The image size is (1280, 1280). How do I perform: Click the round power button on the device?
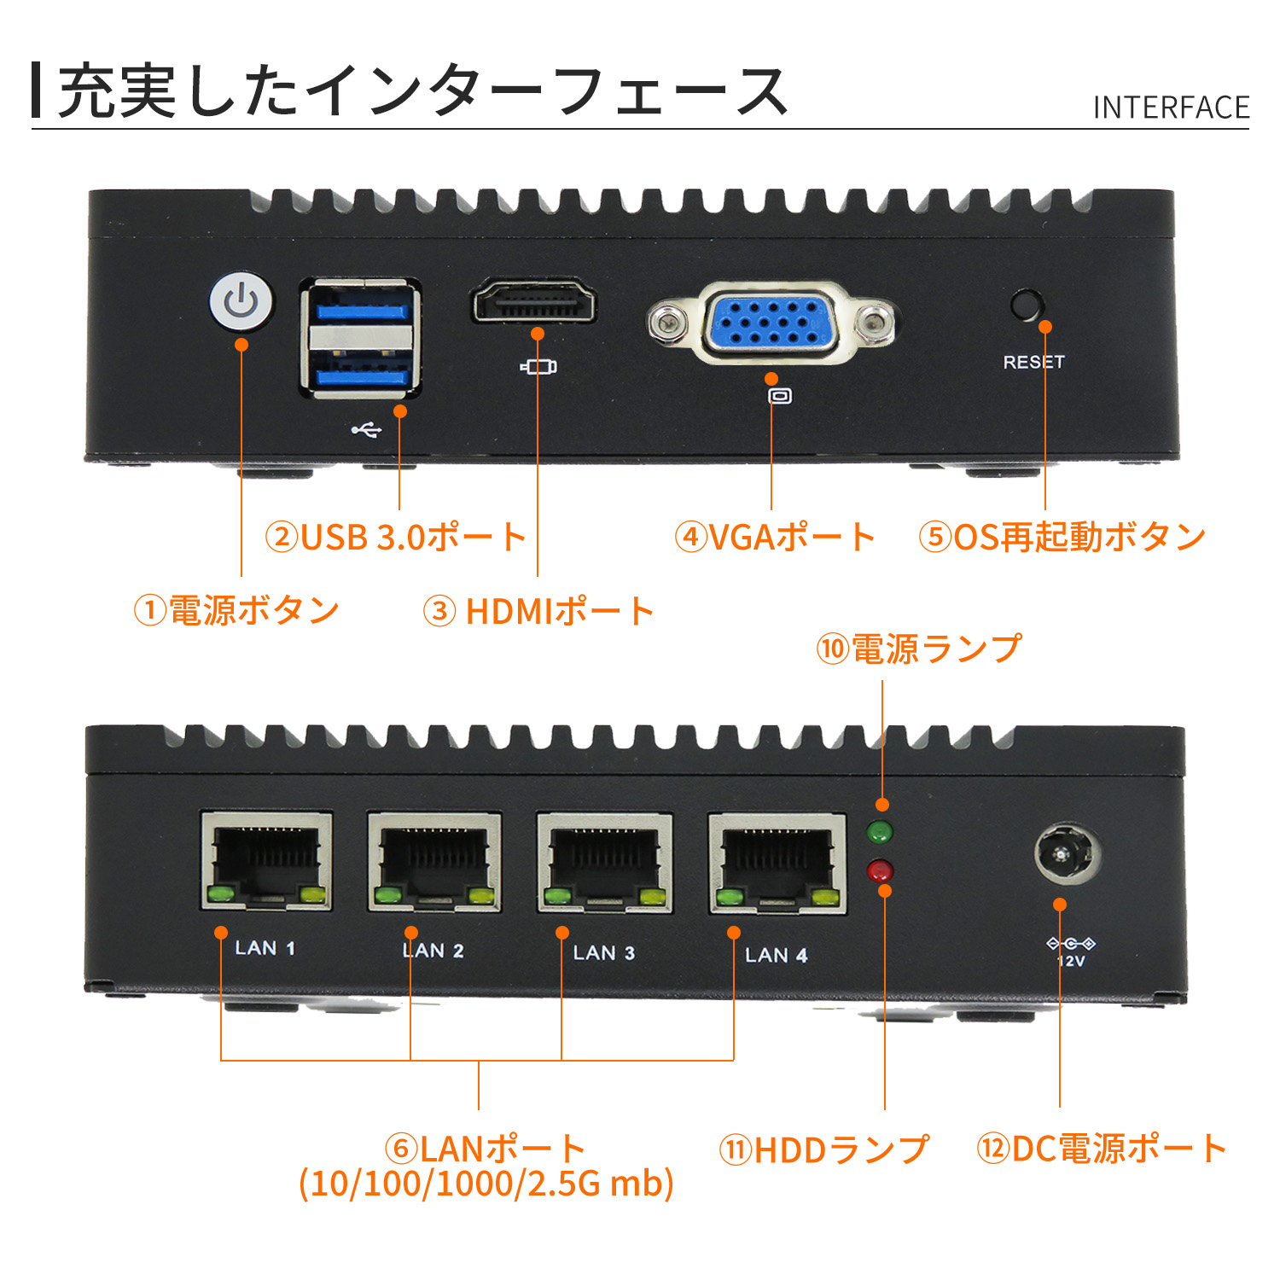pyautogui.click(x=241, y=301)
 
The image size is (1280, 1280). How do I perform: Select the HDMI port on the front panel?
pyautogui.click(x=533, y=303)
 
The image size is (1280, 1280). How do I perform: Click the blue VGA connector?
pyautogui.click(x=771, y=322)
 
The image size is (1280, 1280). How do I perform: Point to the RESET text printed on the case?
pyautogui.click(x=1033, y=362)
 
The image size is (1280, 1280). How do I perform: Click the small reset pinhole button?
pyautogui.click(x=1027, y=305)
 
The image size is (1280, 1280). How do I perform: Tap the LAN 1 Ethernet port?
pyautogui.click(x=266, y=860)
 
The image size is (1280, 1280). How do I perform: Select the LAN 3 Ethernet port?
pyautogui.click(x=604, y=862)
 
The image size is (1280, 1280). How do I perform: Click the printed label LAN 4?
pyautogui.click(x=776, y=955)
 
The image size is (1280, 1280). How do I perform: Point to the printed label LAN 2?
pyautogui.click(x=433, y=950)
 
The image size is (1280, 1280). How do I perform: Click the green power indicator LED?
pyautogui.click(x=879, y=830)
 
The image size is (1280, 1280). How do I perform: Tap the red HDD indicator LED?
pyautogui.click(x=879, y=871)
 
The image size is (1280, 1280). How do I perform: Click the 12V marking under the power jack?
pyautogui.click(x=1071, y=961)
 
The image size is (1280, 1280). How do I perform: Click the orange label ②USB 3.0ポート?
pyautogui.click(x=396, y=537)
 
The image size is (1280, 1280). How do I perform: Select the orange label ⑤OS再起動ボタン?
pyautogui.click(x=1062, y=537)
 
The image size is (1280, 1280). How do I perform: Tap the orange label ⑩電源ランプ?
pyautogui.click(x=919, y=649)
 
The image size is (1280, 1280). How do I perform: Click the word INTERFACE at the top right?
pyautogui.click(x=1171, y=108)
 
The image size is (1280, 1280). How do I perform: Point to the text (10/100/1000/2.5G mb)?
pyautogui.click(x=486, y=1184)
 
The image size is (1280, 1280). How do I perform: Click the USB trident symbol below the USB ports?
pyautogui.click(x=366, y=429)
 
